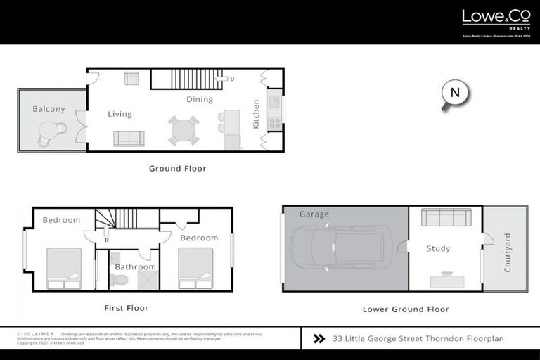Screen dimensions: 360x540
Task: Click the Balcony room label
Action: click(x=49, y=109)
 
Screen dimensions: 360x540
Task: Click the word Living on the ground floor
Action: click(x=120, y=114)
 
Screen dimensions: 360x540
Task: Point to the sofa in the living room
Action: click(x=129, y=138)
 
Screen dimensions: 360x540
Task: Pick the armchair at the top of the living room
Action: click(x=131, y=78)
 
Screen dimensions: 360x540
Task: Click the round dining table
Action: click(x=184, y=131)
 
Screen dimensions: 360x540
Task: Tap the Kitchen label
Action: click(x=256, y=114)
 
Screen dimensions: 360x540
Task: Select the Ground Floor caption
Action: click(x=177, y=169)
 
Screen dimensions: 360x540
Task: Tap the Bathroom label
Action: click(x=135, y=267)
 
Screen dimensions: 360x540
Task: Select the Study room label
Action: click(x=438, y=248)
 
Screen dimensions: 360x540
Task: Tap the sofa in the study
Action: click(x=445, y=219)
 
